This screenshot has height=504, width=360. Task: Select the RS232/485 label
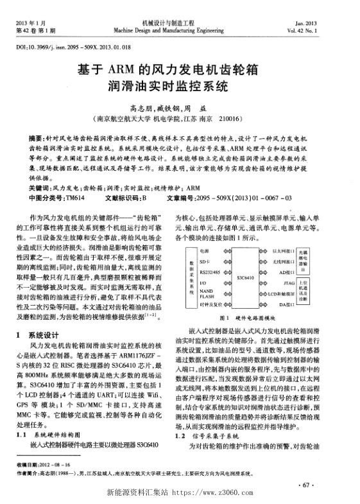[x=225, y=272]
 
